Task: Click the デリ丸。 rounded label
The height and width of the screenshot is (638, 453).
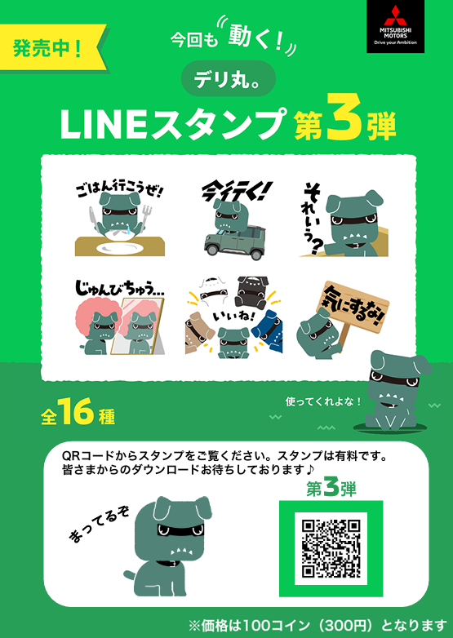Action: click(227, 79)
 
